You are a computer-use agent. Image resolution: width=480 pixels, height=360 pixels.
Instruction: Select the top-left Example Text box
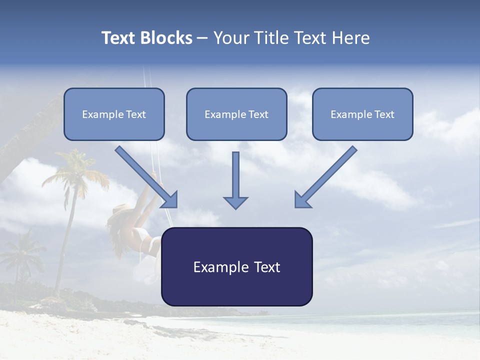[114, 114]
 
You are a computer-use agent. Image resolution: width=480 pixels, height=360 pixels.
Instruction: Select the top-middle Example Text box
[236, 114]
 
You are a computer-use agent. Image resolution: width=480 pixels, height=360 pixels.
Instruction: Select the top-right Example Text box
[362, 114]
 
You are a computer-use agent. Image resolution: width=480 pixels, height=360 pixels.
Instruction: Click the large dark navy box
[236, 266]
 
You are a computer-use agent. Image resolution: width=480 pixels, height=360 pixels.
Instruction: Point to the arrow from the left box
[145, 175]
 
